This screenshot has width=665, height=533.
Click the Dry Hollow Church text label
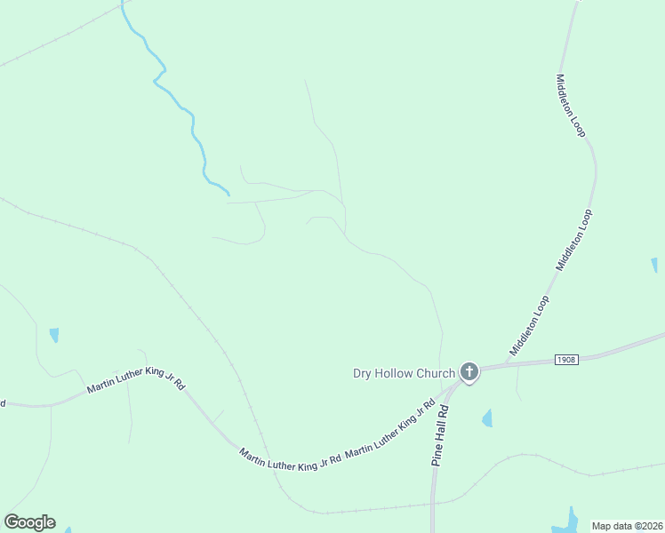(404, 373)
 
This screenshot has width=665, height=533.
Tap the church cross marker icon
(469, 372)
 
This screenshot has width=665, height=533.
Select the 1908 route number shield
(566, 360)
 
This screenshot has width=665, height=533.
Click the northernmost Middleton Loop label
(570, 105)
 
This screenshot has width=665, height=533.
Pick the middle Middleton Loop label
(573, 240)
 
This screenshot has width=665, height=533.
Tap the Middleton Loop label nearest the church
(529, 326)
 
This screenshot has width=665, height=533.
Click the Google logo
(29, 522)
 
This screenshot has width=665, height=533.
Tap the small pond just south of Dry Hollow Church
(487, 418)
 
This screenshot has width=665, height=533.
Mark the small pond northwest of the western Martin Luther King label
(54, 335)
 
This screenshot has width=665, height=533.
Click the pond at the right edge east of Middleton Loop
(654, 265)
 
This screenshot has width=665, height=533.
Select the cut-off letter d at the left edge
(3, 403)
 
